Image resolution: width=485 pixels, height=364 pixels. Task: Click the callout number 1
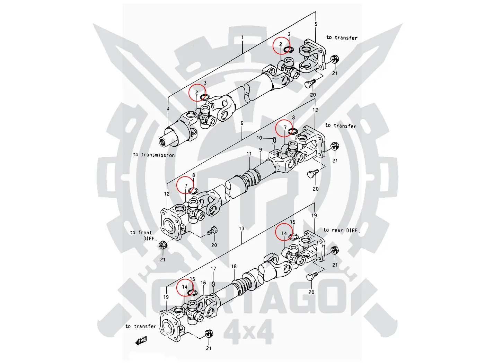(242, 37)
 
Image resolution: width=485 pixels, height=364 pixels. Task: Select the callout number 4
(168, 109)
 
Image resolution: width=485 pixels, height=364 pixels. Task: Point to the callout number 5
(316, 24)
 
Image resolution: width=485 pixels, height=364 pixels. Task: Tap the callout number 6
(242, 123)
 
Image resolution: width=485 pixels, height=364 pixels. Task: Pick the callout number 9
(261, 150)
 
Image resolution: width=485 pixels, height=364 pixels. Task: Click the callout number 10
(259, 138)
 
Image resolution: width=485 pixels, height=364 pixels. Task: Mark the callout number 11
(249, 154)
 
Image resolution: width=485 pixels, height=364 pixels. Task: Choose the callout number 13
(241, 228)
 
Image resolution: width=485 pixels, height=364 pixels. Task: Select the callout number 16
(203, 283)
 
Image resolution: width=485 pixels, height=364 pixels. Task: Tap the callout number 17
(213, 269)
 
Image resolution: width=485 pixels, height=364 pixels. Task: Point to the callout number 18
(234, 266)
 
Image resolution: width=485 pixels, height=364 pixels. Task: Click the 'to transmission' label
(154, 155)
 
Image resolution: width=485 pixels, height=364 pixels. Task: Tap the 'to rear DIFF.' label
(342, 230)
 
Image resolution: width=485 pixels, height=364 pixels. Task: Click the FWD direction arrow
(141, 341)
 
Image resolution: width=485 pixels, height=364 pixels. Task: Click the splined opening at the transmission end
(164, 141)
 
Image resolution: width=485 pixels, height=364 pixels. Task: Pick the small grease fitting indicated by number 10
(274, 140)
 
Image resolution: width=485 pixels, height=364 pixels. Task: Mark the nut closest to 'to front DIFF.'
(162, 245)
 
